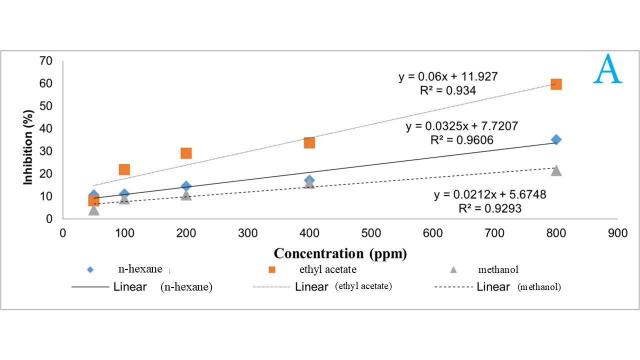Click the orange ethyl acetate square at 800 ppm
pos(556,84)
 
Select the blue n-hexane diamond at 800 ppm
pos(556,139)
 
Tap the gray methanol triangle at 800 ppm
pos(556,170)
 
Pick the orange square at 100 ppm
pos(124,169)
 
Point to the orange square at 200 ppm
pos(186,153)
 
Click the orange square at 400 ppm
pos(309,143)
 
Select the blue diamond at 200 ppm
pos(186,186)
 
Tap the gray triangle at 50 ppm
pos(93,209)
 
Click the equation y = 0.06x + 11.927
pos(448,77)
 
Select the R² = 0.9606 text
pos(462,140)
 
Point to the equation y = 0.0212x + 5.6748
pos(490,194)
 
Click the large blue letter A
pos(607,69)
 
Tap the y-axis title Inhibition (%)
pos(28,145)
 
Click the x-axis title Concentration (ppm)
pos(340,253)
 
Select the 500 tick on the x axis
pos(371,233)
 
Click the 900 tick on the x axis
pos(618,233)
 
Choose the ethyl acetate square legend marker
pos(272,269)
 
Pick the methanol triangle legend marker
pos(453,269)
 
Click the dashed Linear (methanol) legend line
pos(453,287)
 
